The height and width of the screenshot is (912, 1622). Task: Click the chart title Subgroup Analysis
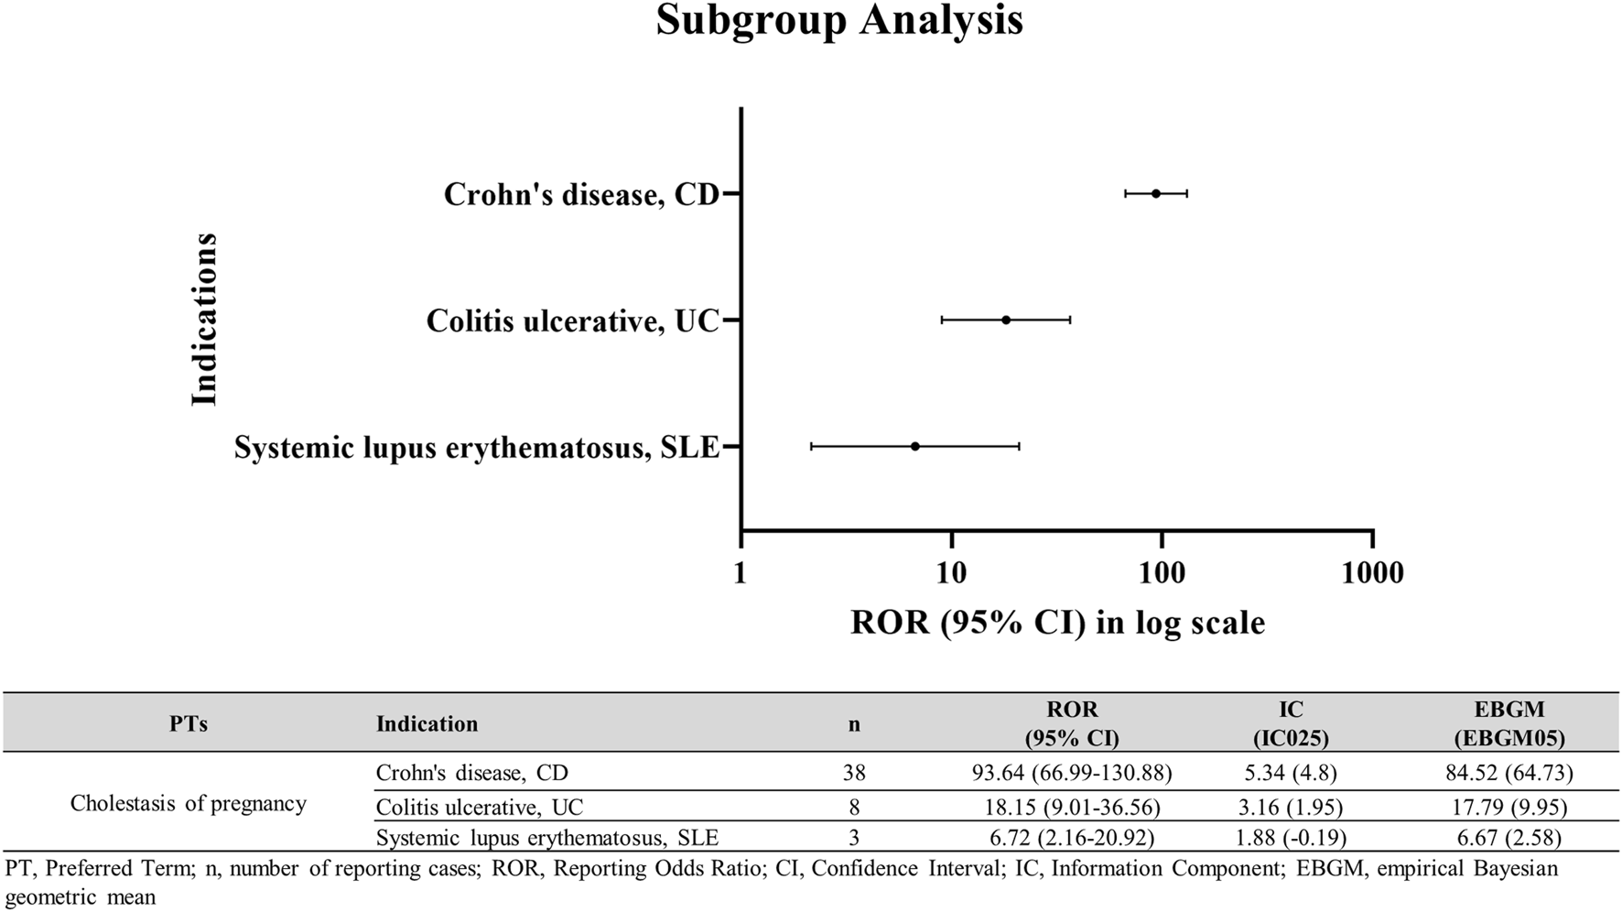pos(838,20)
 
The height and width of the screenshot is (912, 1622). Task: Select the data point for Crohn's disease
pos(1156,193)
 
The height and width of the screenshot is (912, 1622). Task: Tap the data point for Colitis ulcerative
pos(1006,320)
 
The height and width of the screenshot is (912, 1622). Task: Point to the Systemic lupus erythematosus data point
pos(915,446)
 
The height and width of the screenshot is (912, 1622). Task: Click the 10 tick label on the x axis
pos(951,573)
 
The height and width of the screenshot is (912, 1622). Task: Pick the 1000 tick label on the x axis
pos(1371,573)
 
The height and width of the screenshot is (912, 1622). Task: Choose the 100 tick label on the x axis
pos(1162,573)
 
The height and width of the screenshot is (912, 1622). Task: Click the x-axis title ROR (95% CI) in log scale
pos(1057,623)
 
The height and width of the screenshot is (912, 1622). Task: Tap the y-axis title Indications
pos(204,319)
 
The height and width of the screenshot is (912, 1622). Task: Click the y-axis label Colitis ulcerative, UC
pos(573,321)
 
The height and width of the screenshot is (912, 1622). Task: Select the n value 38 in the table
pos(854,773)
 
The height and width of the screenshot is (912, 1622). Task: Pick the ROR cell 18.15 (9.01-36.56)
pos(1072,808)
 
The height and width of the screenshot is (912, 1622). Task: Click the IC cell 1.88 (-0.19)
pos(1291,838)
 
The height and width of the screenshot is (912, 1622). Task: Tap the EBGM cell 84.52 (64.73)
pos(1509,773)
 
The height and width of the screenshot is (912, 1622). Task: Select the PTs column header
pos(189,724)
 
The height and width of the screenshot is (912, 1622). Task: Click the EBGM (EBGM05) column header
pos(1509,723)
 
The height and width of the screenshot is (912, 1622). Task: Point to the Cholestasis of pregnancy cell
pos(189,804)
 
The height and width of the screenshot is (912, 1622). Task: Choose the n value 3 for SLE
pos(854,838)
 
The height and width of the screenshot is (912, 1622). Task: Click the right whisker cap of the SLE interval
pos(1019,446)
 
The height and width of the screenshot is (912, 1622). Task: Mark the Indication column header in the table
pos(427,724)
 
